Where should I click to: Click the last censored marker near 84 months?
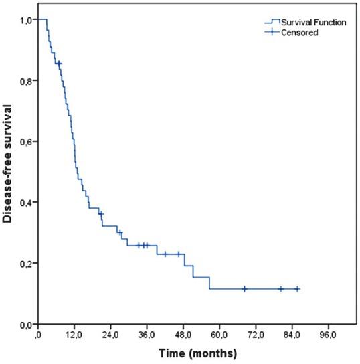click(x=297, y=289)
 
